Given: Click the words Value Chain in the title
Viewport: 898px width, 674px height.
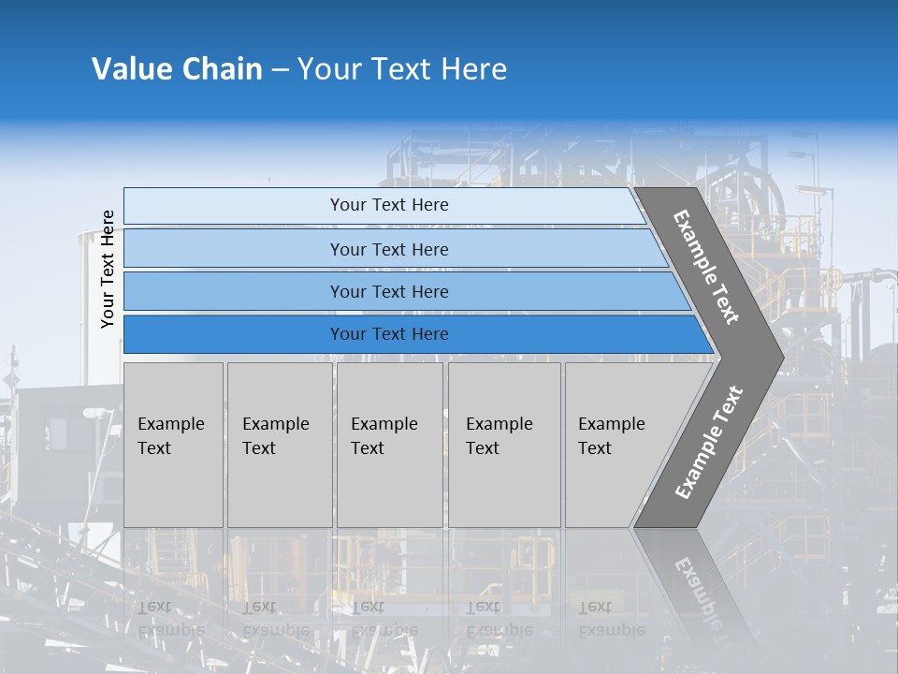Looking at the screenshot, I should [177, 69].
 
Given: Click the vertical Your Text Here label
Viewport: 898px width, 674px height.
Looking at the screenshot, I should [108, 269].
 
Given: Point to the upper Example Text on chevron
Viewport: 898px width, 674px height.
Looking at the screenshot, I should [706, 267].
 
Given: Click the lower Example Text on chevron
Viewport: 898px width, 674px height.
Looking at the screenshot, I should [708, 443].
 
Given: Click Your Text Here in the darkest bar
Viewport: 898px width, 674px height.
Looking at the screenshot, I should [389, 334].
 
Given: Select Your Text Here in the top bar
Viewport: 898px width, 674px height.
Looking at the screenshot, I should [389, 205].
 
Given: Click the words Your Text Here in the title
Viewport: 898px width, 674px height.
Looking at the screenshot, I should [402, 69].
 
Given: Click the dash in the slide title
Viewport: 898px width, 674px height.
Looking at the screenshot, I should [280, 70].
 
